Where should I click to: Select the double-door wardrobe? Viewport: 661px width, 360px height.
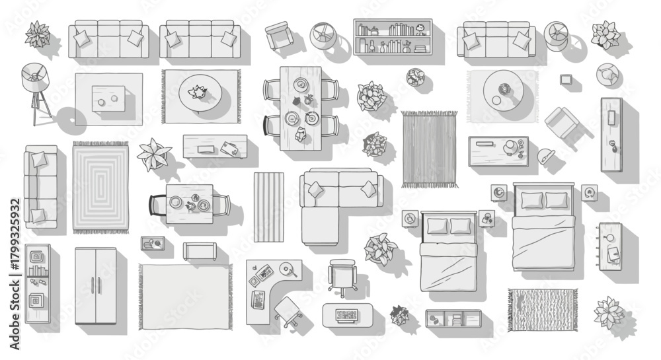tap(96, 286)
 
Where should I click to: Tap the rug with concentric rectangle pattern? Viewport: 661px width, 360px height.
tap(100, 187)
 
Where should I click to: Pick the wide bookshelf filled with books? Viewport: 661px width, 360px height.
tap(393, 36)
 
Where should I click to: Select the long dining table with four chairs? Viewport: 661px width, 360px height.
tap(301, 108)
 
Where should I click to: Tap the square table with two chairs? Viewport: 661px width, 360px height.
tap(190, 204)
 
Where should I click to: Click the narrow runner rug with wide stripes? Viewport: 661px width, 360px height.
tap(269, 207)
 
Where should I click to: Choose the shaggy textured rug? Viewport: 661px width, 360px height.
tap(543, 310)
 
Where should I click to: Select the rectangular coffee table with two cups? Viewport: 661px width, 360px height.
tap(108, 99)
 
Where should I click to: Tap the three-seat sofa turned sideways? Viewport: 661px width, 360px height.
tap(41, 187)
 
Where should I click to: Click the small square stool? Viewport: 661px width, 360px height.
tap(566, 79)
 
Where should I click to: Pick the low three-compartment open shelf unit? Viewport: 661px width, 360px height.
tap(453, 318)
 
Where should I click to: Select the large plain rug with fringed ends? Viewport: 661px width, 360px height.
tap(186, 297)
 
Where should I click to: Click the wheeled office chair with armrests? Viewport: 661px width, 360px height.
tap(342, 277)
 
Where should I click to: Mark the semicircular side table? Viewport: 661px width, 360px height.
tap(545, 156)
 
